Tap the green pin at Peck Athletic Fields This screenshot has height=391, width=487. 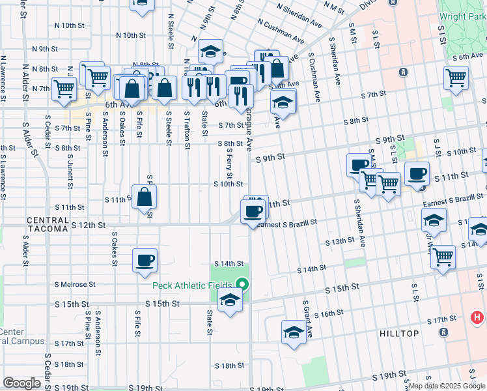(x=243, y=284)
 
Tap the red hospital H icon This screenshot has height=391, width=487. (x=477, y=318)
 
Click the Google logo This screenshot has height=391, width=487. (x=22, y=383)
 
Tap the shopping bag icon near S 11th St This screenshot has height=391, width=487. (x=145, y=195)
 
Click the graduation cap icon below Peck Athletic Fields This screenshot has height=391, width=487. (x=230, y=300)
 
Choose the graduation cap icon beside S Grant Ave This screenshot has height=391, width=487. (x=294, y=332)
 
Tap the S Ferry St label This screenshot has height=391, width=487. (x=230, y=164)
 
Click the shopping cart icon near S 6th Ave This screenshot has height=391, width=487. (x=456, y=78)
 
